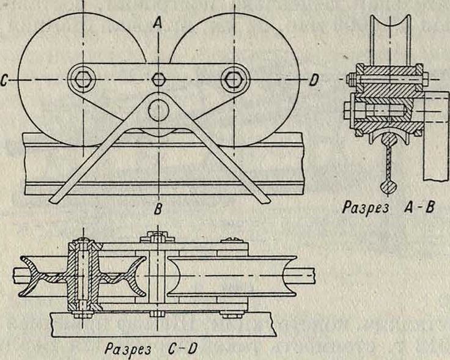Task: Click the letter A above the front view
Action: click(x=158, y=23)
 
